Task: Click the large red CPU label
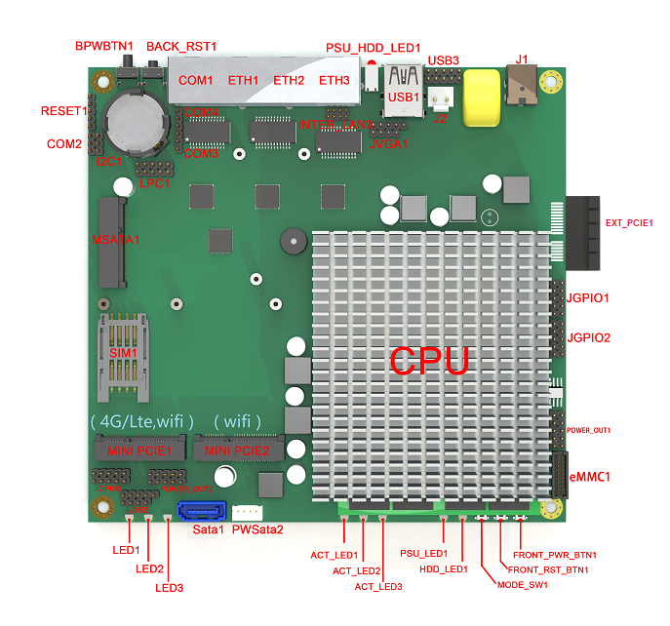click(430, 360)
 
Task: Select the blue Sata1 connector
click(202, 511)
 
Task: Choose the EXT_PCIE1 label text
click(629, 223)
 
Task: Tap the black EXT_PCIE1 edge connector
click(584, 234)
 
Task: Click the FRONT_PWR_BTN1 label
click(553, 555)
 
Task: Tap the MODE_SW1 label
click(522, 585)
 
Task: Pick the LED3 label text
click(169, 588)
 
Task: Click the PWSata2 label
click(257, 529)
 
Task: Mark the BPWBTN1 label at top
click(104, 46)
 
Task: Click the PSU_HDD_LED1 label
click(373, 47)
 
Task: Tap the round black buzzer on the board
click(290, 241)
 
